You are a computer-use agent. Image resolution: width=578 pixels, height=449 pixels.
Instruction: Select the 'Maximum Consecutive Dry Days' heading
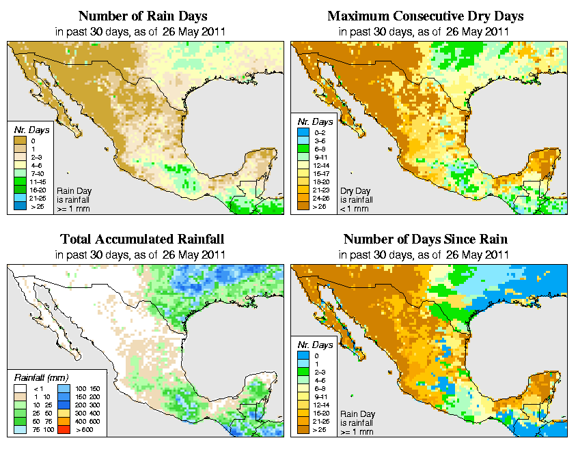[x=426, y=16]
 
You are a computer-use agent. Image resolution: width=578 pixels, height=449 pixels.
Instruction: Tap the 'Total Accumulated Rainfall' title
[x=141, y=240]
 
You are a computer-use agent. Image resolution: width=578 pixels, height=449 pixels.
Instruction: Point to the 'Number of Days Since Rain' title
[x=426, y=240]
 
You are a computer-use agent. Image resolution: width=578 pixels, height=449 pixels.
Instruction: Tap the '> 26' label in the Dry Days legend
[x=321, y=205]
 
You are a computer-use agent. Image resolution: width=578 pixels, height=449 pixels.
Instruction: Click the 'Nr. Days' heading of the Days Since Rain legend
[x=318, y=345]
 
